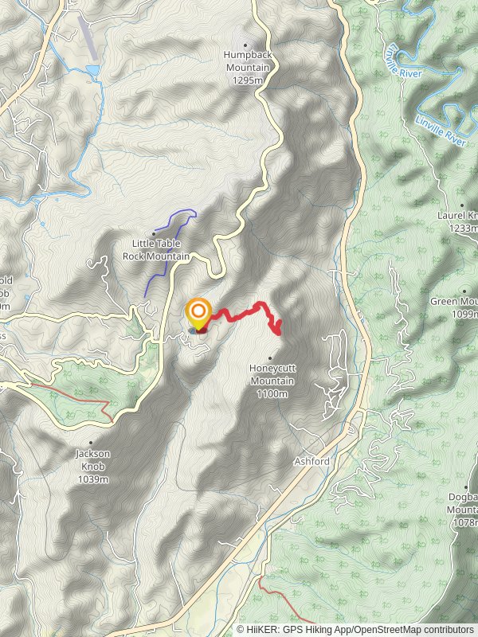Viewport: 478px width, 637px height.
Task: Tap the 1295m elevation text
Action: (x=247, y=80)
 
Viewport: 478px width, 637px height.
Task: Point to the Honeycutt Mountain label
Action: (x=272, y=374)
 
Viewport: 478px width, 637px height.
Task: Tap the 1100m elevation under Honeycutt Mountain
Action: (x=272, y=393)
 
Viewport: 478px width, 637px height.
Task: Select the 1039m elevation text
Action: (x=94, y=479)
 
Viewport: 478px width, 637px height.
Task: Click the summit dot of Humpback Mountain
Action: (x=245, y=45)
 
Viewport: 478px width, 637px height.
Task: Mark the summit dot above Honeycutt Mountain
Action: (x=271, y=358)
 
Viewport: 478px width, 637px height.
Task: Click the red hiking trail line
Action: (x=239, y=314)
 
